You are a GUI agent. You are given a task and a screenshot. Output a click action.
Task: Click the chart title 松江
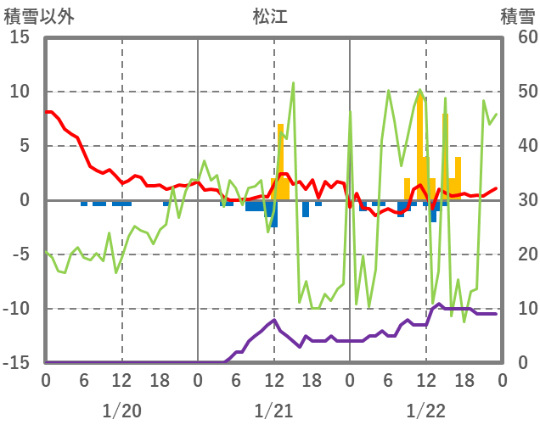[x=270, y=15]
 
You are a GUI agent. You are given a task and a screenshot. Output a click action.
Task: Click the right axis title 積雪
[x=517, y=15]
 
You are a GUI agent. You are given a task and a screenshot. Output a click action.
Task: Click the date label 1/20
[x=121, y=411]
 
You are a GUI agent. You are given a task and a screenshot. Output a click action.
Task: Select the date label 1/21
[x=273, y=411]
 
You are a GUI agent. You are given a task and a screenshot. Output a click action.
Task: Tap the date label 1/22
[x=425, y=411]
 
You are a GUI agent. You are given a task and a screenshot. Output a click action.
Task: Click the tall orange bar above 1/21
[x=280, y=161]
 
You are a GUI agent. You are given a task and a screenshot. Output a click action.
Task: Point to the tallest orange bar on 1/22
[x=420, y=144]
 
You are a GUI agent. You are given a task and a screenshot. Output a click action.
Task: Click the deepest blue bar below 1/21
[x=273, y=214]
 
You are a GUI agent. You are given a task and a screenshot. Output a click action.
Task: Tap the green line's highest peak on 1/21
[x=293, y=83]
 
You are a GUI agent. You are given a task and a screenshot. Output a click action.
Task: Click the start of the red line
[x=47, y=112]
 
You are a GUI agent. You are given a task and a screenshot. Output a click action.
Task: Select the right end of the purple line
[x=496, y=314]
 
